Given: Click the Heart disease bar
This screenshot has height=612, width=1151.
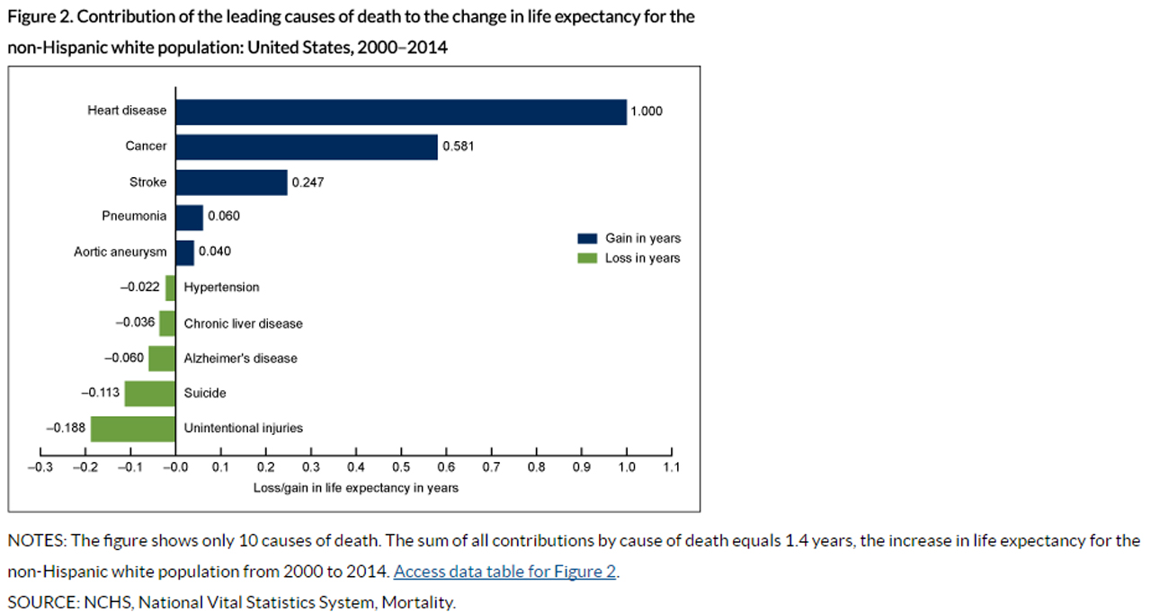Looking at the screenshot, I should pos(400,111).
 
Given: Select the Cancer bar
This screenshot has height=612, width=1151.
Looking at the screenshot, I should pos(306,146).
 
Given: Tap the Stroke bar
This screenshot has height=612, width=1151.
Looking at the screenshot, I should pos(231,182).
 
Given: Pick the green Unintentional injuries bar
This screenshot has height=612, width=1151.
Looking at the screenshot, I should pos(132,429).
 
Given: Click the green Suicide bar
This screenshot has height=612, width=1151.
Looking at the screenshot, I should pos(149,394).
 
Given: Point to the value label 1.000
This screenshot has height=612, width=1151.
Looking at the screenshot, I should pos(647,111).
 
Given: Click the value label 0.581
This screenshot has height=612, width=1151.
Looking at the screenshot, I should pos(459,146).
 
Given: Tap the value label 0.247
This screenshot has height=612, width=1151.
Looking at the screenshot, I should pos(308,182).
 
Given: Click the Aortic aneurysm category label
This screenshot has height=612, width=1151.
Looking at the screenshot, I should pos(120,252).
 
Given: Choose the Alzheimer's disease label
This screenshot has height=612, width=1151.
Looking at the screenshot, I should pos(240,359).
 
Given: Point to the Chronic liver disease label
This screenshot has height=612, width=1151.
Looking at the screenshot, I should pos(243,324).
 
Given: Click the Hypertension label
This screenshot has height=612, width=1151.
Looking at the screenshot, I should pos(221,288).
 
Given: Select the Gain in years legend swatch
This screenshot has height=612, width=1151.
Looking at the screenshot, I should pos(587,239).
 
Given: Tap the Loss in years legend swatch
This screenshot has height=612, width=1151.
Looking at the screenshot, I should pos(587,259).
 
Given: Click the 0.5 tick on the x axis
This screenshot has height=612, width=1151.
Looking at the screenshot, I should pos(401,467).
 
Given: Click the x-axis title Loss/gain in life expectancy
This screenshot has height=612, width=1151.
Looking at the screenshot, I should pos(355,488).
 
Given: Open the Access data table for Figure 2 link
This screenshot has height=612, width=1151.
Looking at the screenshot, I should pos(504,572).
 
